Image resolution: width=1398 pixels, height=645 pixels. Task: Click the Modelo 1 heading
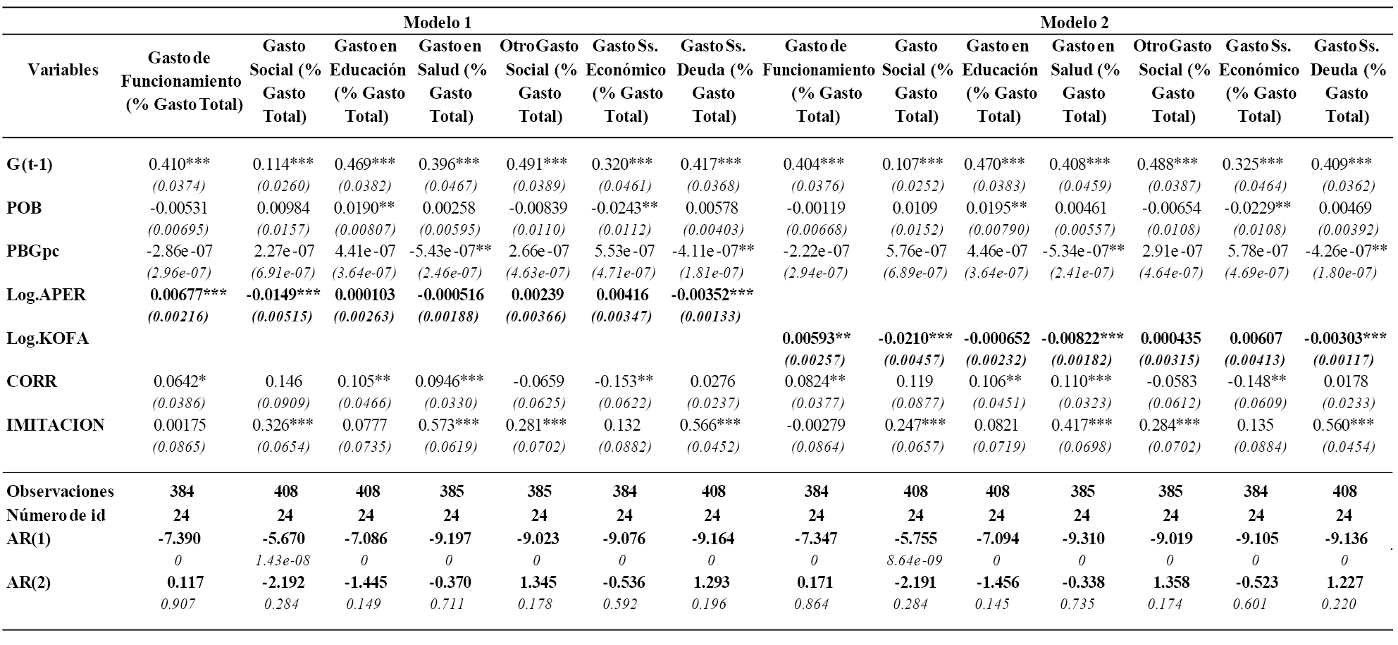pos(437,23)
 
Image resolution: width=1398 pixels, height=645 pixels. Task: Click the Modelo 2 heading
pos(1074,23)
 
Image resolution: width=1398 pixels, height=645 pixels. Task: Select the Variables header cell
pos(63,70)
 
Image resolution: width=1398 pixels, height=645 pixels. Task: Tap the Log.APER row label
pos(46,295)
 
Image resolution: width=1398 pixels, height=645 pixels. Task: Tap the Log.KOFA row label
pos(47,338)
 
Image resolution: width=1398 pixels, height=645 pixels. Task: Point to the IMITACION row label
pos(55,425)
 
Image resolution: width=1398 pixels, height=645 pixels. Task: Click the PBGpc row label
pos(30,251)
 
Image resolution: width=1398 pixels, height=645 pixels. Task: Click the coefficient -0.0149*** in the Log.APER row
pos(285,295)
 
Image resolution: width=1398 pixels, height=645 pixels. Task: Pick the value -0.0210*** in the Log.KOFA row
pos(915,338)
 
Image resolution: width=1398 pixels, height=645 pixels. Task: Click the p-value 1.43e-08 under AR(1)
pos(286,561)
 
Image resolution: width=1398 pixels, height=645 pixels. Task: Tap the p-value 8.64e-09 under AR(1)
pos(916,561)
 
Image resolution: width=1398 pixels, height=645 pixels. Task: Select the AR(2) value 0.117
pos(185,583)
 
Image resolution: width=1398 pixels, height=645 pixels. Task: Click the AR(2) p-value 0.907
pos(178,604)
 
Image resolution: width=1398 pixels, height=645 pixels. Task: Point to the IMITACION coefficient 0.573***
pos(449,425)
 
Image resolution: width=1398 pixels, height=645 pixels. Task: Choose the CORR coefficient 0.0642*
pos(179,381)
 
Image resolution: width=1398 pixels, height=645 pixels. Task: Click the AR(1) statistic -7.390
pos(179,539)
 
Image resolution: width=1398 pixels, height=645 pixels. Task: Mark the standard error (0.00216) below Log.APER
pos(178,317)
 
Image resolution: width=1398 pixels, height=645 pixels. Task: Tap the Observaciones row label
pos(60,491)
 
